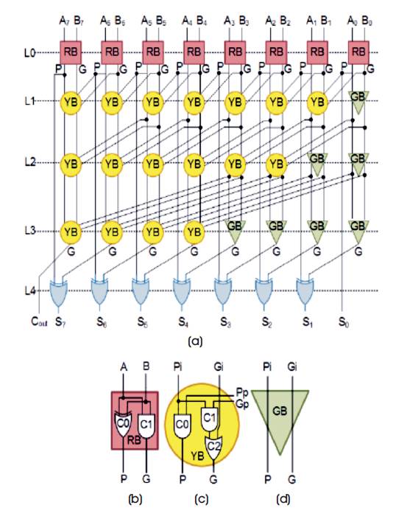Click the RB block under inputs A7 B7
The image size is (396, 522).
(x=71, y=52)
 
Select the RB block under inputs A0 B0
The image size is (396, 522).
(x=358, y=52)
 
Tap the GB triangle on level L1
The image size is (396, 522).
(x=358, y=101)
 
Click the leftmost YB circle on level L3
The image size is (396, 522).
(x=71, y=232)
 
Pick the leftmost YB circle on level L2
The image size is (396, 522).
(x=71, y=164)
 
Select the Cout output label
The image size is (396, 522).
(x=39, y=322)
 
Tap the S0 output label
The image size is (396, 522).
(x=344, y=322)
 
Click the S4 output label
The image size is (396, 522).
(x=183, y=322)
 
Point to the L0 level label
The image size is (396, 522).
(x=29, y=52)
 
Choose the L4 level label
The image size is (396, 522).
(x=29, y=291)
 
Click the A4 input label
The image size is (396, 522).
(x=188, y=21)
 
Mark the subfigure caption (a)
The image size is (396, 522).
(x=195, y=341)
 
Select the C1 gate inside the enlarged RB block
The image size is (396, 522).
(x=146, y=425)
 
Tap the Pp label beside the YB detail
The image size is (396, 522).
(x=242, y=393)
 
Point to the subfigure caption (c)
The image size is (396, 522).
(x=202, y=499)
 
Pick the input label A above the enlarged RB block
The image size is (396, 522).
(x=124, y=367)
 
